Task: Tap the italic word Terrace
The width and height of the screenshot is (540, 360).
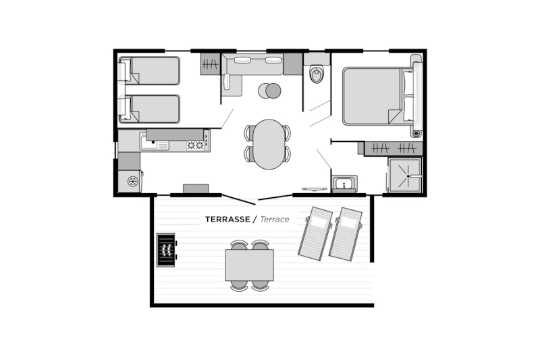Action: coord(274,220)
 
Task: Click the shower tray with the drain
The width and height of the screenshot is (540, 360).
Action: coord(406,176)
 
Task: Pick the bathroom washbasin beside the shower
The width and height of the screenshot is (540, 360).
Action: coord(344,184)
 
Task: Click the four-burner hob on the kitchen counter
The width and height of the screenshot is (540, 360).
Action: coord(195,145)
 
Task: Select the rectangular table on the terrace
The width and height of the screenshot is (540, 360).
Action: coord(249,264)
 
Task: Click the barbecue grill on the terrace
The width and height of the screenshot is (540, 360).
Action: coord(165,250)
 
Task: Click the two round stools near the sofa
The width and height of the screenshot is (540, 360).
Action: coord(270,91)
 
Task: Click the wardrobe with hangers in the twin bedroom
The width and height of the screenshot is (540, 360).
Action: coord(210,66)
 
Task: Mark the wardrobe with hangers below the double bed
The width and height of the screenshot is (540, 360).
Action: coord(394,149)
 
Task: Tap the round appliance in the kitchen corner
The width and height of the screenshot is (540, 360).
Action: coord(132,181)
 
